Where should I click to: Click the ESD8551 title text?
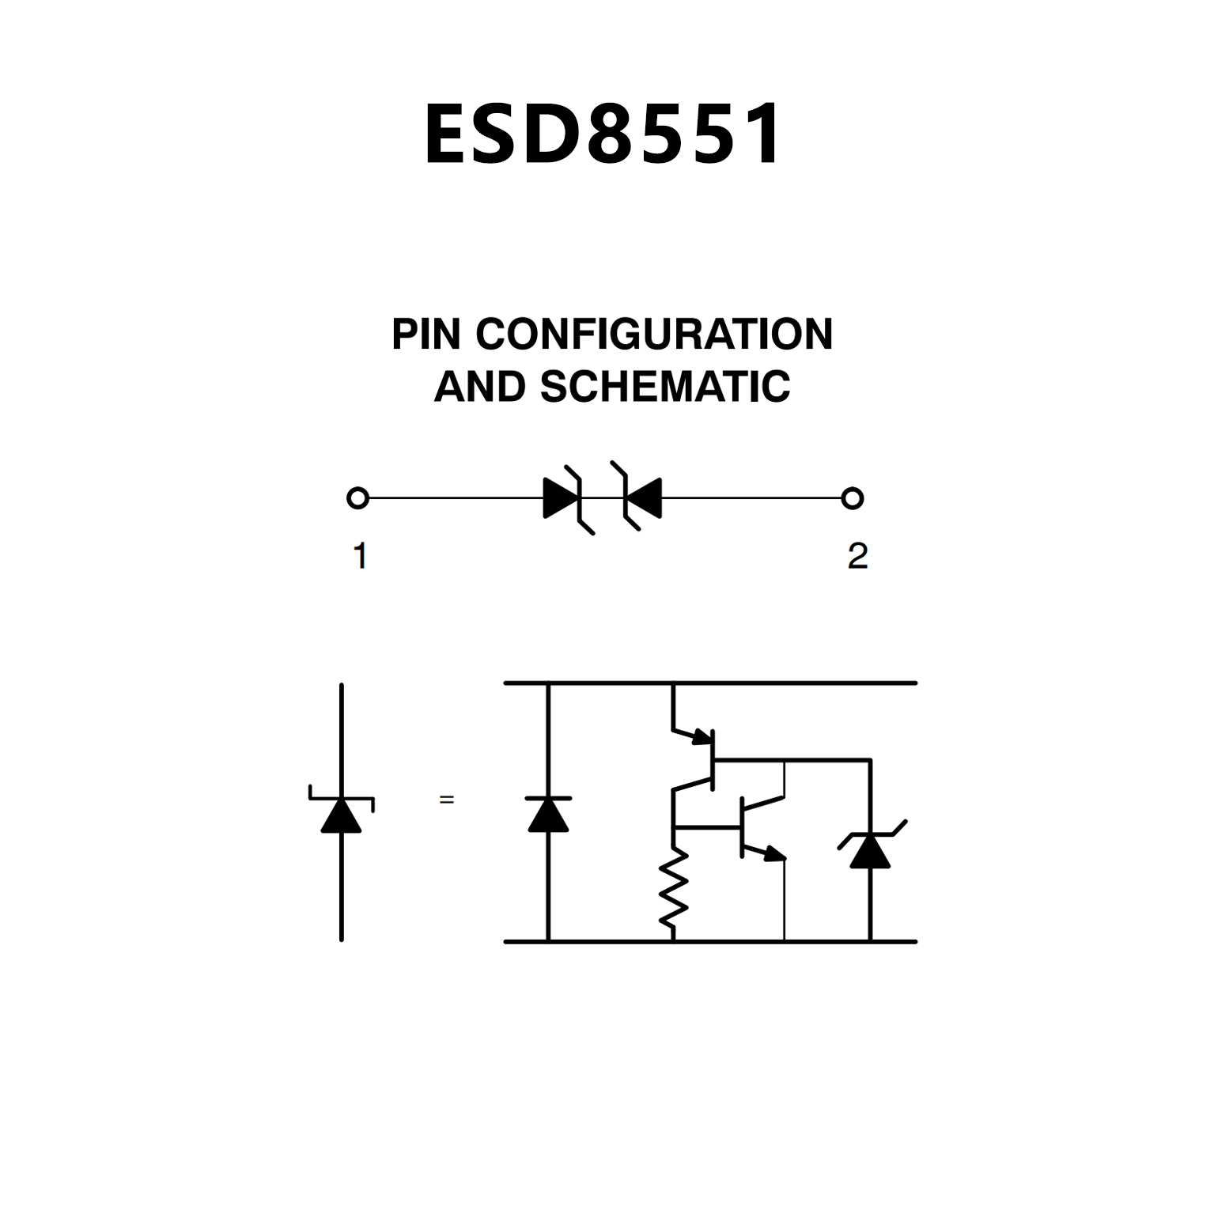point(603,134)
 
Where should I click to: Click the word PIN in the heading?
point(425,335)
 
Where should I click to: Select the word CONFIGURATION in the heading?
point(654,335)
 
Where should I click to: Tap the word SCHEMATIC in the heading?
point(664,387)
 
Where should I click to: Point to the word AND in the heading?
point(479,387)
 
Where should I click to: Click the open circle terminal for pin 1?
point(357,498)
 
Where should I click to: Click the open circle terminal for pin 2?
point(852,498)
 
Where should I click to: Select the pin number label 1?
point(360,556)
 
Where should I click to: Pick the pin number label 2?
point(857,556)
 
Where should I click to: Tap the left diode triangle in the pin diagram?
point(560,498)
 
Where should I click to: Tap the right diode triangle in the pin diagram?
point(644,498)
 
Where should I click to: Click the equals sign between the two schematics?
point(447,800)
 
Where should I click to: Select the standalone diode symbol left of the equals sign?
point(342,815)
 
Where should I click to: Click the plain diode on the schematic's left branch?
point(548,815)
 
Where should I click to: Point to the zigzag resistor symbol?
point(673,888)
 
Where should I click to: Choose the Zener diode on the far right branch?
point(870,850)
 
